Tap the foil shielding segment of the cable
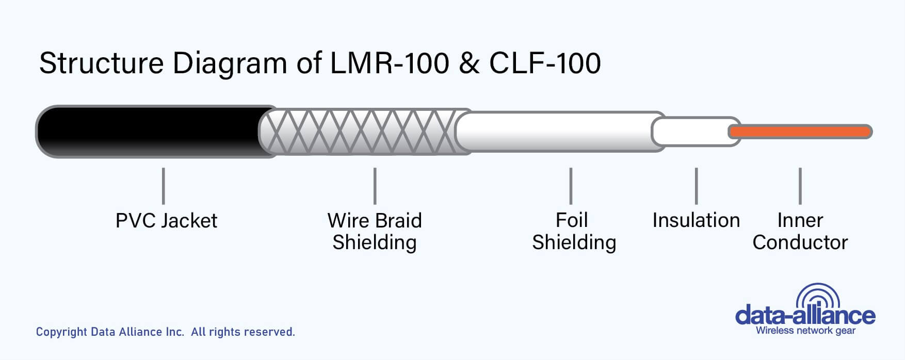(557, 132)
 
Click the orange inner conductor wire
(800, 132)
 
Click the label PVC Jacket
(166, 221)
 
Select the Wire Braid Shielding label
(375, 232)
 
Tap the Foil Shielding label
(574, 232)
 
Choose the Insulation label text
(696, 220)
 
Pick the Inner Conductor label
(800, 232)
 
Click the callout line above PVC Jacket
(163, 186)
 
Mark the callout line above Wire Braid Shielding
(375, 186)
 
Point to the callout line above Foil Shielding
(571, 186)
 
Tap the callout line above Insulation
(696, 186)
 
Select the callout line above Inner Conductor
(800, 186)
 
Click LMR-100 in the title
(390, 63)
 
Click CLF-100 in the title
(545, 63)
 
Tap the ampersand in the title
(469, 63)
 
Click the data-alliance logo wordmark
(805, 315)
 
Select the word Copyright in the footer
(61, 332)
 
